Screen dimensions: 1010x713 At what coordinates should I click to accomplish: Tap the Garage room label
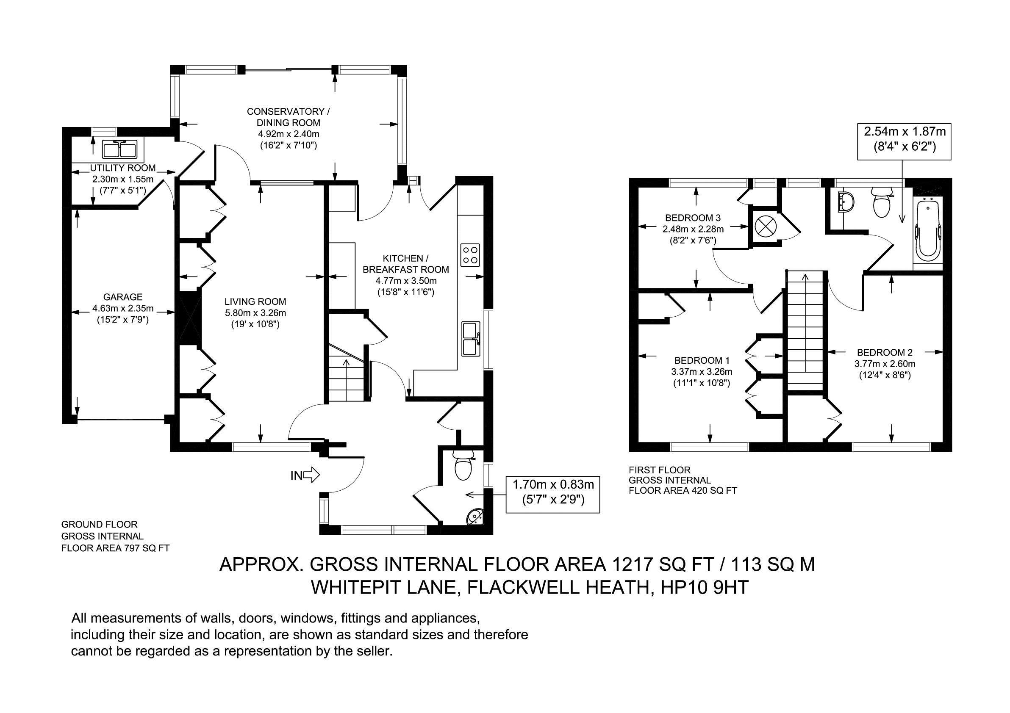coord(123,297)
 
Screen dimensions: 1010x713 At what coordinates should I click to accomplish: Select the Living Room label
coord(255,301)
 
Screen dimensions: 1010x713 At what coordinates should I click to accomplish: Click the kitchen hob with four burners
coord(470,255)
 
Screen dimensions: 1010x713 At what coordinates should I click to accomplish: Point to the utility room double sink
coord(120,149)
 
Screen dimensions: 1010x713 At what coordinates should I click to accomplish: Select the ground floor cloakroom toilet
coord(463,467)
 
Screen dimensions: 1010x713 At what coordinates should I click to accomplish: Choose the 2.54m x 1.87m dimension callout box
coord(905,138)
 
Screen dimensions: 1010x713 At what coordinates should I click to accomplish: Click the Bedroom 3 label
coord(692,218)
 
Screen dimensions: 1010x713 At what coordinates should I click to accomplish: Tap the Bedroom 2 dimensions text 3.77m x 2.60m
coord(885,364)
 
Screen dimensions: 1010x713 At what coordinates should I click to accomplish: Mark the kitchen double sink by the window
coord(471,338)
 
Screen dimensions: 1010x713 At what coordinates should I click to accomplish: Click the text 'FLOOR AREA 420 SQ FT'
coord(683,491)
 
